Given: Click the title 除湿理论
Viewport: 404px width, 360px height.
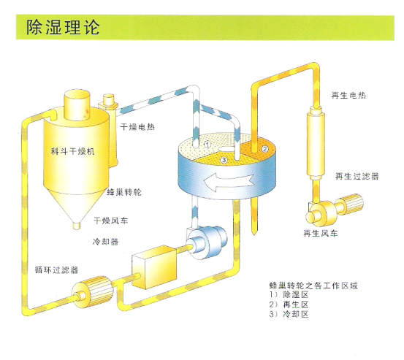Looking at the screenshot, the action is click(x=63, y=27).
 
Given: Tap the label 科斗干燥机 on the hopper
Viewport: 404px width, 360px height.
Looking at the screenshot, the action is click(x=72, y=151).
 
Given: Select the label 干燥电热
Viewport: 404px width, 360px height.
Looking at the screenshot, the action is click(x=137, y=127).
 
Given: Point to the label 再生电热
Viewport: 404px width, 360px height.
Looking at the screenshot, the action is click(x=348, y=96).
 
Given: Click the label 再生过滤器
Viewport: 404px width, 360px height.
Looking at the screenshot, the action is click(x=357, y=177).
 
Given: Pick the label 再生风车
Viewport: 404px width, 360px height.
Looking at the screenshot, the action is click(x=320, y=233).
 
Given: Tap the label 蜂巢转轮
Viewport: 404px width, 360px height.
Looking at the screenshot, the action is click(x=124, y=192).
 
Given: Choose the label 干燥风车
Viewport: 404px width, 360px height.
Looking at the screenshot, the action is click(x=110, y=221).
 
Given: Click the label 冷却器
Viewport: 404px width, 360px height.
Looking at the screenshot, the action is click(x=106, y=242).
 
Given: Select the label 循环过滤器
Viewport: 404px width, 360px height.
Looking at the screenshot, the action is click(x=56, y=270).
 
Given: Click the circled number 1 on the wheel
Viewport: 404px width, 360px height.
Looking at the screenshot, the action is click(x=207, y=145).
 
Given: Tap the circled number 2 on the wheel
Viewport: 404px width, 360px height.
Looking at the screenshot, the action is click(x=265, y=148).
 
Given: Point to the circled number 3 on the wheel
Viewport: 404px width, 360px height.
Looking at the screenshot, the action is click(x=224, y=160).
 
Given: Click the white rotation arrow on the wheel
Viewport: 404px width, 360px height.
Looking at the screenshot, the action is click(x=228, y=182).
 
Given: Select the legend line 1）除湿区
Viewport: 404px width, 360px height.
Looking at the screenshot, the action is click(x=289, y=295).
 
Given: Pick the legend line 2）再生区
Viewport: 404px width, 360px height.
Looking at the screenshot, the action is click(x=289, y=305).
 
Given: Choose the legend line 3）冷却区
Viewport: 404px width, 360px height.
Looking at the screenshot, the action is click(x=289, y=314).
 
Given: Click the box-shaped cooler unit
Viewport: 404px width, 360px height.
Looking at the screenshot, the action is click(x=154, y=267).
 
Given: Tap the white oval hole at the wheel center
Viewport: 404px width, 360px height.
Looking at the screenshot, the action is click(x=225, y=148).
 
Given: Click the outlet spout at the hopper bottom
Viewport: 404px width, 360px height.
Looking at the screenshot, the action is click(x=77, y=226).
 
